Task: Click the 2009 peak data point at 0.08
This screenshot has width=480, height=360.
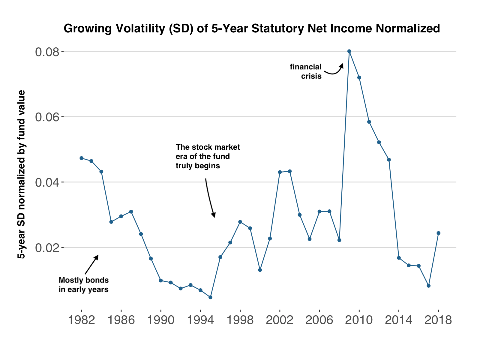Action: pyautogui.click(x=349, y=51)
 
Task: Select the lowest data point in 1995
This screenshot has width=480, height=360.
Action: pyautogui.click(x=210, y=297)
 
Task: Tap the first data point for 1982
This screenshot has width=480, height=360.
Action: pyautogui.click(x=81, y=158)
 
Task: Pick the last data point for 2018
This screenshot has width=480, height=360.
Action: pyautogui.click(x=438, y=233)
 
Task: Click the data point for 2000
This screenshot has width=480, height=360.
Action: pyautogui.click(x=260, y=270)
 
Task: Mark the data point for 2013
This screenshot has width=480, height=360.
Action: pyautogui.click(x=389, y=160)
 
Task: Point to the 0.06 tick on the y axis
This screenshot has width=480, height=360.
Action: pyautogui.click(x=48, y=117)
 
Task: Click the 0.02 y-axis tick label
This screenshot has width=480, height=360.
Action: pyautogui.click(x=48, y=248)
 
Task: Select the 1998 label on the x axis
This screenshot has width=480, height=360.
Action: pyautogui.click(x=240, y=320)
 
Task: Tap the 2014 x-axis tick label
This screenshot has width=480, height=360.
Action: pyautogui.click(x=399, y=320)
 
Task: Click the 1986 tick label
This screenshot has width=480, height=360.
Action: pyautogui.click(x=121, y=320)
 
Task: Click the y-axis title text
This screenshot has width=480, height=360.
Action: pyautogui.click(x=21, y=174)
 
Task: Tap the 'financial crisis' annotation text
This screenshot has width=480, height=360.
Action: pyautogui.click(x=306, y=71)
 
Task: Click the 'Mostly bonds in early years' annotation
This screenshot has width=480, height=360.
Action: pyautogui.click(x=83, y=285)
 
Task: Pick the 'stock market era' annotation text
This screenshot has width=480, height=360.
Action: pyautogui.click(x=208, y=156)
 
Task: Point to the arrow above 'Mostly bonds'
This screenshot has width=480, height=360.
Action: pyautogui.click(x=91, y=265)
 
